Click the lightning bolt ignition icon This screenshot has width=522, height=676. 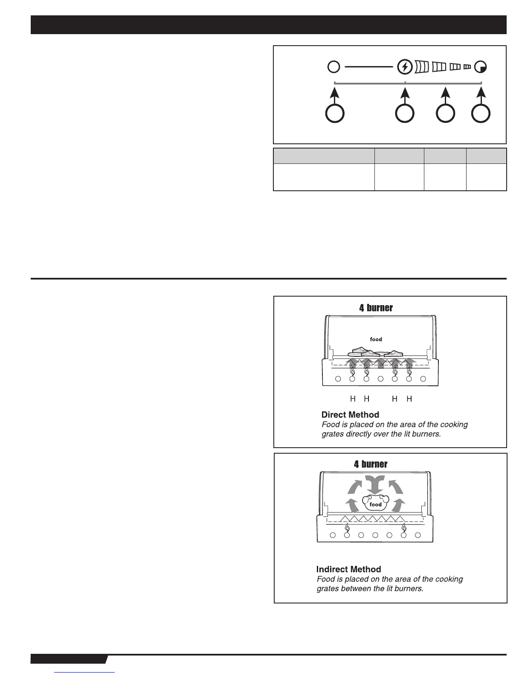pos(405,67)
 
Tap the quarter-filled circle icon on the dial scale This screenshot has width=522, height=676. pos(481,67)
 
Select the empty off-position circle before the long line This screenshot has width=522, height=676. pos(334,67)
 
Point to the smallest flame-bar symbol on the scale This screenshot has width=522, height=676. pos(467,67)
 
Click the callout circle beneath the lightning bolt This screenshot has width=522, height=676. pos(405,114)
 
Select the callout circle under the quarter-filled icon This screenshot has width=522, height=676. pos(481,114)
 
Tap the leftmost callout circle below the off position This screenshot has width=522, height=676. pos(335,114)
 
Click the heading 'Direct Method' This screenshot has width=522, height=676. pos(350,415)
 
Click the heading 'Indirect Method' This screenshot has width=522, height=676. pos(348,569)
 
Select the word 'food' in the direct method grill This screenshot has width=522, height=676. pos(376,339)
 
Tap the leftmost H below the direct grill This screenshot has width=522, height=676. pos(353,399)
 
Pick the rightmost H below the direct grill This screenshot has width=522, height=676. pos(409,399)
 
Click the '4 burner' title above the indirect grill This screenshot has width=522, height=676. pos(371,464)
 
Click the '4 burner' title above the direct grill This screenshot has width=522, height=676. pos(376,308)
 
